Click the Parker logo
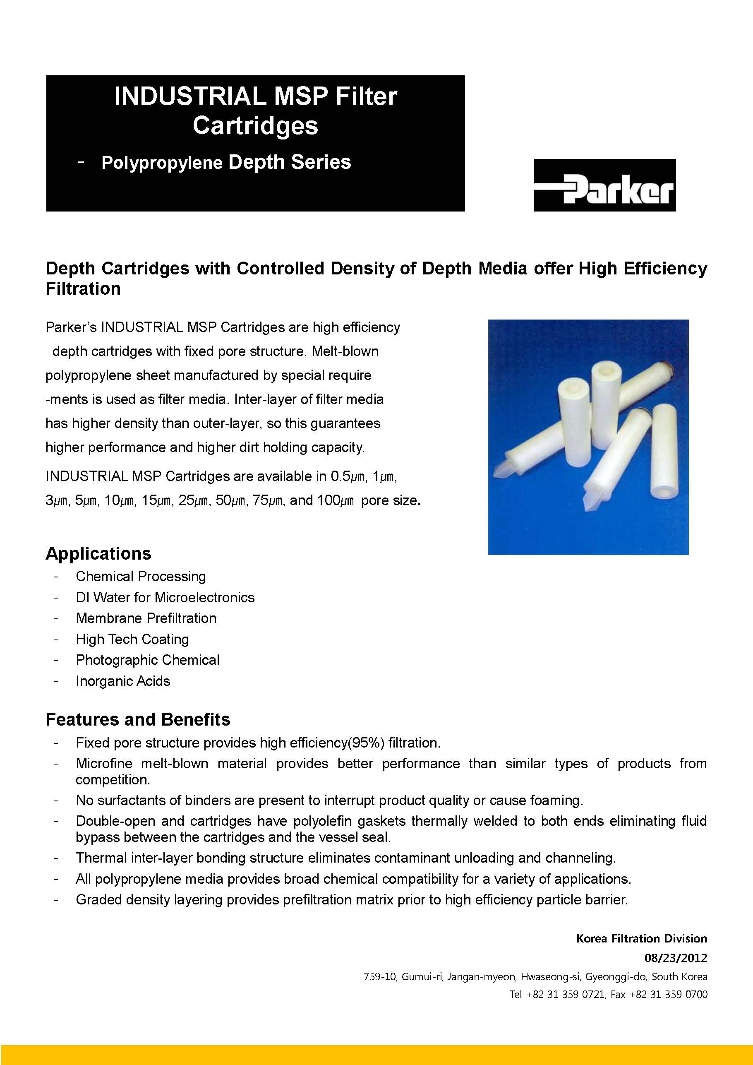604,185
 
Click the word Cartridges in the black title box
256,126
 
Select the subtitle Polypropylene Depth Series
226,162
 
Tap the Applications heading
98,553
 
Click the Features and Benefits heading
138,719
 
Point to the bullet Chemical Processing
141,576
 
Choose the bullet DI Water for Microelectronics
165,597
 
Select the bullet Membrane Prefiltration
146,618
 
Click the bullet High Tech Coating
132,639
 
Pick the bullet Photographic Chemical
147,660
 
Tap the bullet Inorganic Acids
123,681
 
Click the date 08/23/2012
676,958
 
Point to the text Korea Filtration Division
641,938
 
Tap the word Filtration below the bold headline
83,289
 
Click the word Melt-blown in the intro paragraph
345,351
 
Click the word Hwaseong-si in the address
550,976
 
